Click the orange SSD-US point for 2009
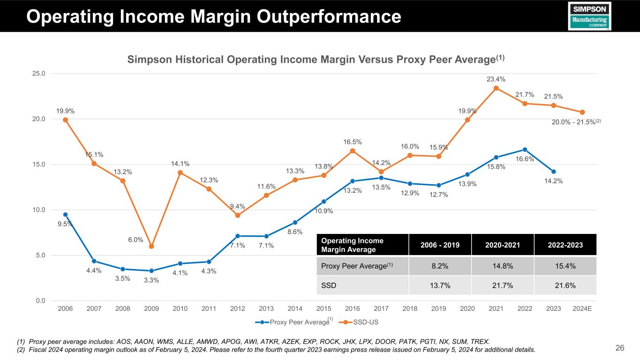pos(151,246)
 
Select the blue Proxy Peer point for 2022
pos(525,150)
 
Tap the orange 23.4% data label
pos(496,79)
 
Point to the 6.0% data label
pos(136,240)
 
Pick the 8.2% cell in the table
pos(439,266)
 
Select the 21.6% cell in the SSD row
pos(565,285)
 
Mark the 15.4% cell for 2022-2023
pos(565,266)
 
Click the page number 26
pos(620,348)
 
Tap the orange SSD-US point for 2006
pos(65,120)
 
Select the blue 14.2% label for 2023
pos(553,180)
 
